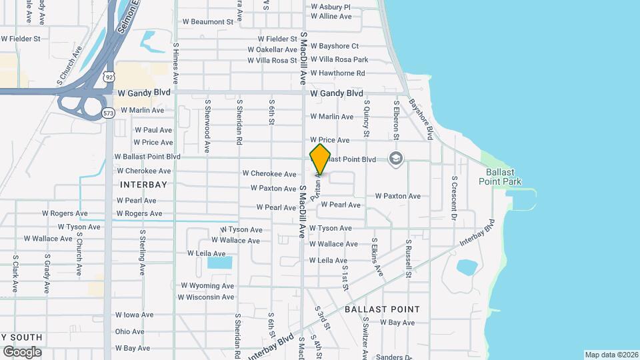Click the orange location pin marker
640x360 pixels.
pos(321,159)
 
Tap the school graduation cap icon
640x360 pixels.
pos(396,158)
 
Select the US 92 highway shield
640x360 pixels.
pos(108,77)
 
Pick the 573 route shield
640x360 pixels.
pos(108,114)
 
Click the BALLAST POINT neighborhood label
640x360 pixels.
pos(382,309)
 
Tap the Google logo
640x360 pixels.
pos(21,351)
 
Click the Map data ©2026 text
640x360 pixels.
pos(611,355)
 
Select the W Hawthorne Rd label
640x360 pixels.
pos(343,73)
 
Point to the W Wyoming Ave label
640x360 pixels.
pos(207,285)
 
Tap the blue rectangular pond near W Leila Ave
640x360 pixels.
pos(219,262)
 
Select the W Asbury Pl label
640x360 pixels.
pos(331,7)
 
